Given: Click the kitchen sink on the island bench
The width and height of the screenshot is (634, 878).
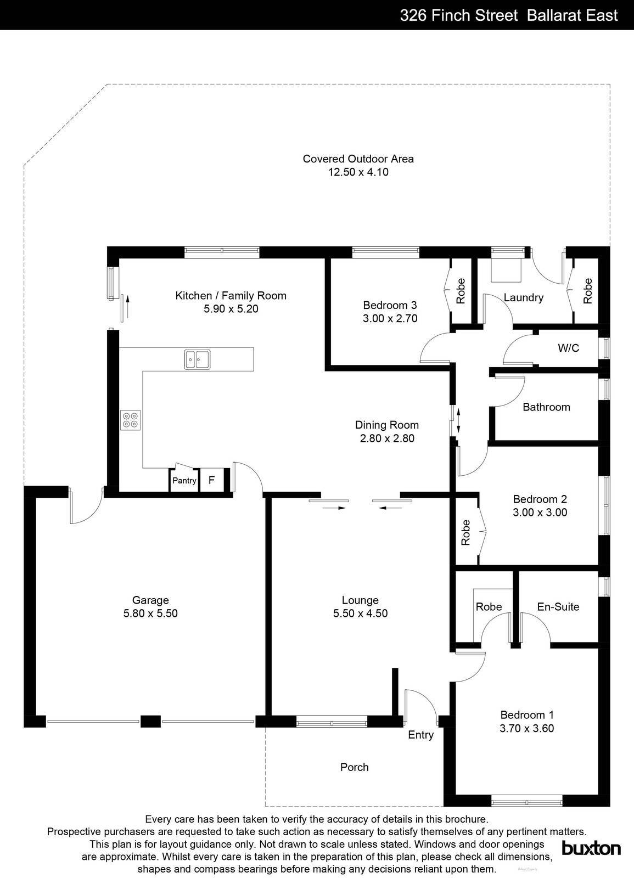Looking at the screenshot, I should [x=197, y=360].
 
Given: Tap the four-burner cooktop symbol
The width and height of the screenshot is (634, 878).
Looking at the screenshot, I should [x=131, y=420].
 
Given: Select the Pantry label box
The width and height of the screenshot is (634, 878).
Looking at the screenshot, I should [x=184, y=481].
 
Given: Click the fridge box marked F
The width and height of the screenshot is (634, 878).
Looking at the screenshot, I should [x=211, y=481].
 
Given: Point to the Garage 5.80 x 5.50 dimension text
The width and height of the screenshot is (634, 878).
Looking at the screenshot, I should [x=150, y=614].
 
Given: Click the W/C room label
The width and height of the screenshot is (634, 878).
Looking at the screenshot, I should [x=568, y=348].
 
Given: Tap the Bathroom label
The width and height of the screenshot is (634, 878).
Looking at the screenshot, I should [x=546, y=407].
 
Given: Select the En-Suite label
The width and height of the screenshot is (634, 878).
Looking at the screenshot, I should [x=558, y=606].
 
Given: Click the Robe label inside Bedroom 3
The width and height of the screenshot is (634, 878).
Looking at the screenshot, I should [x=461, y=291].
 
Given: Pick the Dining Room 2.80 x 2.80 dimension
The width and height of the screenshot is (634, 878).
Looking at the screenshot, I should [x=387, y=438].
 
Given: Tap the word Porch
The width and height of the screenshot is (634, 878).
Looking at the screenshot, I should [x=354, y=767].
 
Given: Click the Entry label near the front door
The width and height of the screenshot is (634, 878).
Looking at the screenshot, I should [x=420, y=735].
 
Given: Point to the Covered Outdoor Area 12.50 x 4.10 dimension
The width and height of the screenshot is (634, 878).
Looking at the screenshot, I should [x=358, y=172].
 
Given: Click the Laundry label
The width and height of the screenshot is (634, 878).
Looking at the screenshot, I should [x=523, y=297].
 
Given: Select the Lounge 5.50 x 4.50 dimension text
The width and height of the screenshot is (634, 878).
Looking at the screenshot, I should [x=360, y=614].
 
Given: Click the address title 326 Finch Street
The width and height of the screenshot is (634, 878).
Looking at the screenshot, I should [x=459, y=15].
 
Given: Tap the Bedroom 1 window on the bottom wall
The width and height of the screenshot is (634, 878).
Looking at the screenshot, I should [x=526, y=802].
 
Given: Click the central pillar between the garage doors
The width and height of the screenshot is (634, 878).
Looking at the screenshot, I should [x=150, y=721].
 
